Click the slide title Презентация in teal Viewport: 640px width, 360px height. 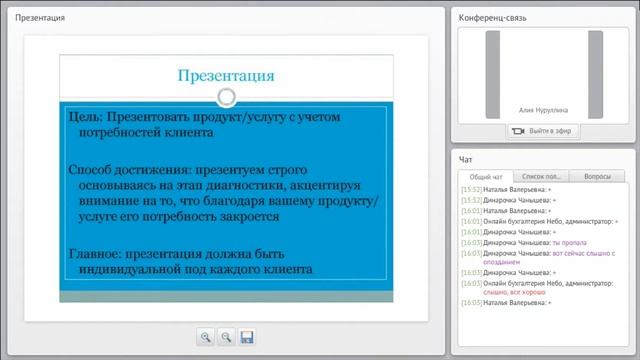[225, 75]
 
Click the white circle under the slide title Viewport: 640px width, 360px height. [227, 97]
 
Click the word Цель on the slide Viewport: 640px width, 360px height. [84, 118]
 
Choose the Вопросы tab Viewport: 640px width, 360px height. [597, 176]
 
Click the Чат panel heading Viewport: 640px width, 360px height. [466, 159]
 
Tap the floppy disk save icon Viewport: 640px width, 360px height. [247, 337]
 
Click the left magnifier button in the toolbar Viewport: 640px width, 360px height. [205, 337]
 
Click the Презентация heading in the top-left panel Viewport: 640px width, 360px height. [43, 18]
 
